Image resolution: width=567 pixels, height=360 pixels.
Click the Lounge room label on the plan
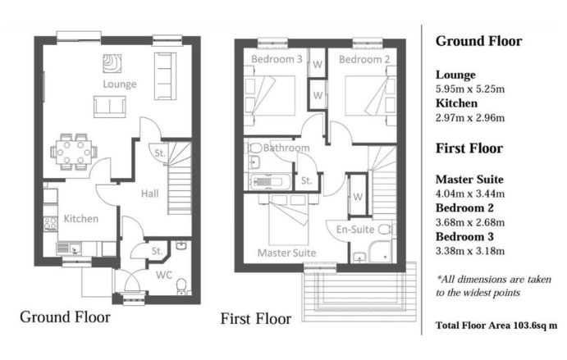coord(120,84)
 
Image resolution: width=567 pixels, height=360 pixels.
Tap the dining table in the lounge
coord(74,153)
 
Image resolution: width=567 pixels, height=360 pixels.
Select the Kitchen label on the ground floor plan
coord(81,219)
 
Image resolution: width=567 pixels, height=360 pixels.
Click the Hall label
coord(149,194)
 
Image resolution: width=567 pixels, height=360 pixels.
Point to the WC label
coord(164,275)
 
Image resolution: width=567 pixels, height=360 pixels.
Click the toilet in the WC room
coord(181,286)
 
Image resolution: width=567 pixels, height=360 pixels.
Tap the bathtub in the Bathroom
coord(271,181)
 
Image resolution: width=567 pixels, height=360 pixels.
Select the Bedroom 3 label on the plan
coord(277,59)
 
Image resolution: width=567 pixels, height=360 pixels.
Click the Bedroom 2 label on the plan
coord(364,59)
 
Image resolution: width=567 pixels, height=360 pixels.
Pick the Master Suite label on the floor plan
coord(286,253)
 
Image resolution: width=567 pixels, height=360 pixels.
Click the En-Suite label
coord(355,230)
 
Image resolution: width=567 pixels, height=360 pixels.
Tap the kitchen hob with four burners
coord(50,224)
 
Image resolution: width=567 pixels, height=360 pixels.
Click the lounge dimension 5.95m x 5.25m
coord(469,89)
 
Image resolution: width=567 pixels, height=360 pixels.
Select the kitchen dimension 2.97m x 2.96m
coord(469,118)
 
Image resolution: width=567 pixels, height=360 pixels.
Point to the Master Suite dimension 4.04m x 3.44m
coord(469,194)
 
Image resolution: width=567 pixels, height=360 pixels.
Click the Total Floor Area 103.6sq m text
coord(496,326)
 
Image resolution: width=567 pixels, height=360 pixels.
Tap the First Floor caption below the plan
coord(256,319)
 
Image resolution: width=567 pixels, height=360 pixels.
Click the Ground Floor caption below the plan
coord(65,317)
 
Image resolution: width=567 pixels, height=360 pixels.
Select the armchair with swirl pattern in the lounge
coord(112,63)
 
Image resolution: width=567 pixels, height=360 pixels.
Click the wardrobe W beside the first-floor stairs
coord(358,196)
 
